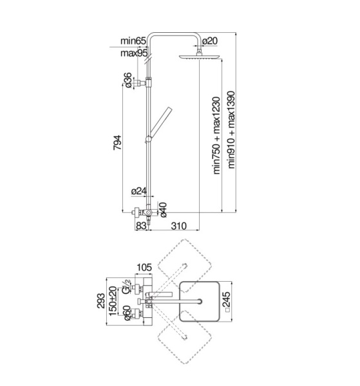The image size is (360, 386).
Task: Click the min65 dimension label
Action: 133,41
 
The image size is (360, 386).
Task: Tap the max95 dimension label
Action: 134,53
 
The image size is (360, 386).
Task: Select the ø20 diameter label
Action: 210,41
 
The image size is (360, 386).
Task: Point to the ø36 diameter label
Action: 128,80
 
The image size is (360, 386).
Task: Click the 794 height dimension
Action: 117,143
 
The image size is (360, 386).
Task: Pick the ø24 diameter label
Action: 138,191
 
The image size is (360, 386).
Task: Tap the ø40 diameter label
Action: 163,210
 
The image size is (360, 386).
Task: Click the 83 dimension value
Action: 141,226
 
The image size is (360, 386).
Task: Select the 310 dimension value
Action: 179,226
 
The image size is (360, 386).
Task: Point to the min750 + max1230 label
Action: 216,136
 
